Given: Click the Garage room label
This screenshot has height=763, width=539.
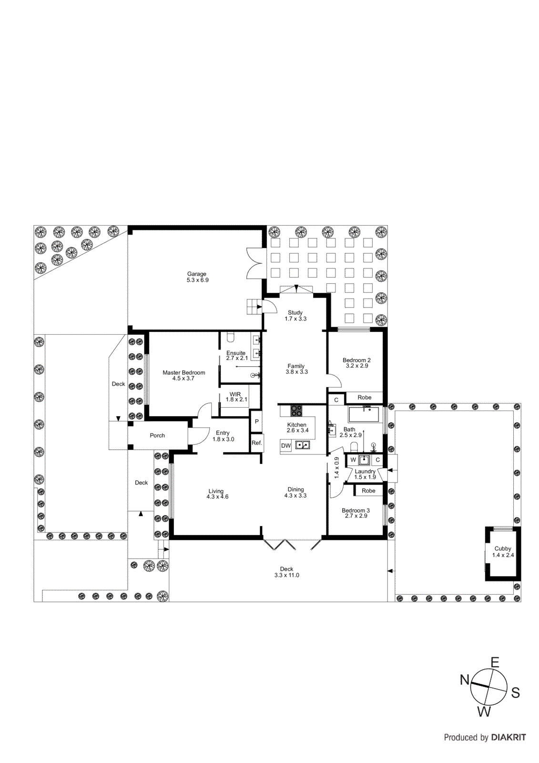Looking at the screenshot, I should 196,274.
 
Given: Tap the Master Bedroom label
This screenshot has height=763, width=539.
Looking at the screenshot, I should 183,372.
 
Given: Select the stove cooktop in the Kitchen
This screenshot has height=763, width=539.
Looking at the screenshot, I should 296,411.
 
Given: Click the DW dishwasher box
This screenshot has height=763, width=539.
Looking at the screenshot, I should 285,446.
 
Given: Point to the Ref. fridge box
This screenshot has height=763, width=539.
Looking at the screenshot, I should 256,443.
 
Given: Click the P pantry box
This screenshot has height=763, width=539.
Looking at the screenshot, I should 256,422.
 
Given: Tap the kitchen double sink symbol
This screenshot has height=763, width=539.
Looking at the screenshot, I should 303,445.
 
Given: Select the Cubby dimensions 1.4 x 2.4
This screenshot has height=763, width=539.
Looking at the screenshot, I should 503,555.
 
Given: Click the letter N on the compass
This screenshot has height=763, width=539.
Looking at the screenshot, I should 465,680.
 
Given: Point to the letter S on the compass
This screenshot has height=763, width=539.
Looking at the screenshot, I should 515,693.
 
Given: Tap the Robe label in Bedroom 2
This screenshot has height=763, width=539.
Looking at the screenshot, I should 364,397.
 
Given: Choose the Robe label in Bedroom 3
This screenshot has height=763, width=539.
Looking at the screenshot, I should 368,491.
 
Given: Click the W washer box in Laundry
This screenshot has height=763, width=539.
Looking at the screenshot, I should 353,460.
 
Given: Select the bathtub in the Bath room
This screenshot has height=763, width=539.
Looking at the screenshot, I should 363,414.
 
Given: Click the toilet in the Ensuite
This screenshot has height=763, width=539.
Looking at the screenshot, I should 231,338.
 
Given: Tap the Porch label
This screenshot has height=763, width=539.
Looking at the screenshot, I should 157,435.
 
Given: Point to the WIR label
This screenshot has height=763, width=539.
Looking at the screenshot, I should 235,394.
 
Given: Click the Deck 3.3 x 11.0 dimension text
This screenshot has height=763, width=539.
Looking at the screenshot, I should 286,575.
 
